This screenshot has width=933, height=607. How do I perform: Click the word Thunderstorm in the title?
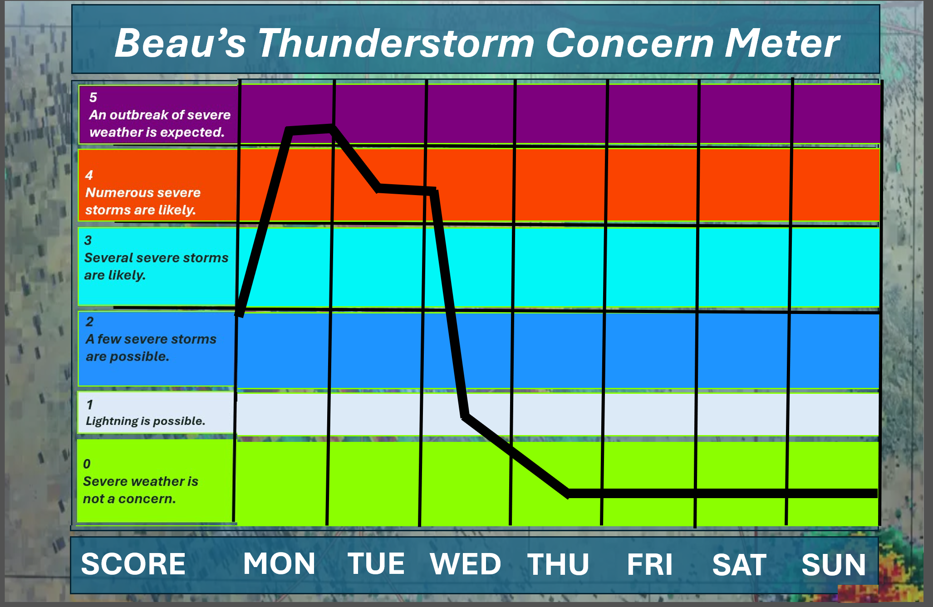[x=396, y=43]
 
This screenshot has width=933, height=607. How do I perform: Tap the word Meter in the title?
[x=782, y=43]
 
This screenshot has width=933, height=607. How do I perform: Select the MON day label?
[x=279, y=563]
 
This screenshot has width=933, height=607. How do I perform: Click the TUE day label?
[x=376, y=563]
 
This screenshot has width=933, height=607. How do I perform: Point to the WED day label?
[x=466, y=564]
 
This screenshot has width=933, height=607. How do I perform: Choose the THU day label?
[x=558, y=564]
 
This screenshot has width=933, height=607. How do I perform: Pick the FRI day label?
[x=650, y=564]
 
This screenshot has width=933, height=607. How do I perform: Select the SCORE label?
[x=133, y=564]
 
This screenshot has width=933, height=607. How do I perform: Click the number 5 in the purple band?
[x=93, y=97]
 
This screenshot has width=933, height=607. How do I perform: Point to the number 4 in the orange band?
[x=89, y=175]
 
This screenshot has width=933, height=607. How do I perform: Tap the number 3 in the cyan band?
[x=88, y=240]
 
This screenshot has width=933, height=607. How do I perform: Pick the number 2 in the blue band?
[x=89, y=322]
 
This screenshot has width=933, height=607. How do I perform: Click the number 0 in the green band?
[x=87, y=464]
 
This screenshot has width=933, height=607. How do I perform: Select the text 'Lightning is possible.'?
[x=145, y=421]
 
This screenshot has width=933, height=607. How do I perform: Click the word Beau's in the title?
[x=180, y=43]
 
